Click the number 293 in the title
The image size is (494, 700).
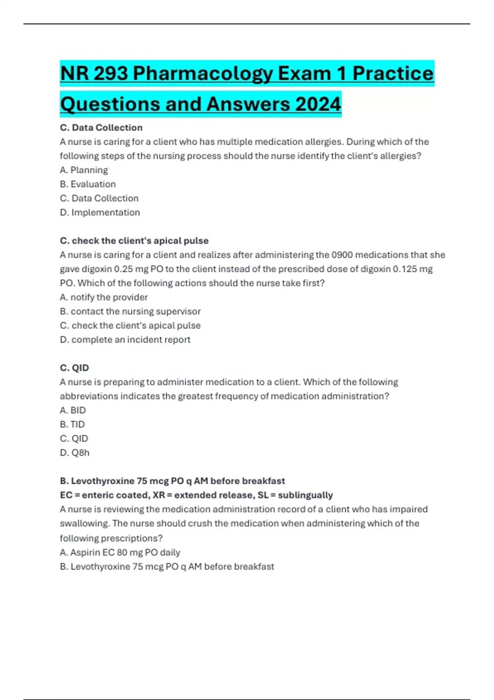(111, 74)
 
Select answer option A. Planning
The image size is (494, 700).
(84, 170)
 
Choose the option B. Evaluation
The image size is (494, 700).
(88, 184)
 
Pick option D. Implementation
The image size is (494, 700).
(100, 212)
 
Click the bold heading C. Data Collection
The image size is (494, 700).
(101, 128)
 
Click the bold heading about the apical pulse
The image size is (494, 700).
(134, 240)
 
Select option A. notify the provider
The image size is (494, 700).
(103, 297)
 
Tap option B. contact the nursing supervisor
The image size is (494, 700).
(130, 311)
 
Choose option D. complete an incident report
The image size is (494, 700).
(125, 340)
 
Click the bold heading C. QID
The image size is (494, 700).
(74, 368)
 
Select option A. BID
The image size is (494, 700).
(72, 410)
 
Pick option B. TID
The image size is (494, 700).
(72, 424)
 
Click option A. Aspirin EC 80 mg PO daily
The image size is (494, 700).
(120, 552)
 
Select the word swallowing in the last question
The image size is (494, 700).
(84, 523)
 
